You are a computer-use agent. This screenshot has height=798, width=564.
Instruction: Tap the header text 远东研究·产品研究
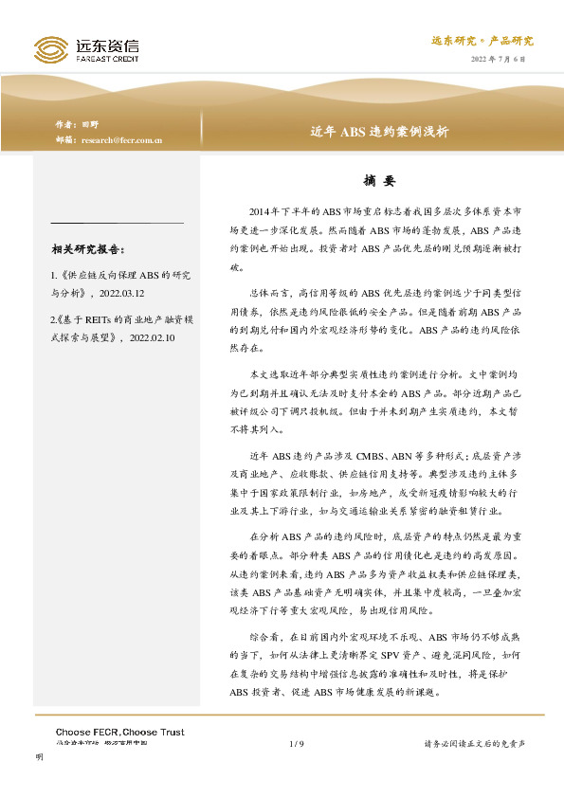coord(482,41)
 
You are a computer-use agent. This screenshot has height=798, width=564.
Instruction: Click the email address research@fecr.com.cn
coord(122,139)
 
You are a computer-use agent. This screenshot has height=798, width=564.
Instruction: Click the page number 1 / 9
coord(295,744)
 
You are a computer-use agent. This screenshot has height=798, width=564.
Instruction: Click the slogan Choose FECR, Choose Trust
coord(119,732)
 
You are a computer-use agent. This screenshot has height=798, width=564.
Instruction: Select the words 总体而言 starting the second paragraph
coord(267,295)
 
